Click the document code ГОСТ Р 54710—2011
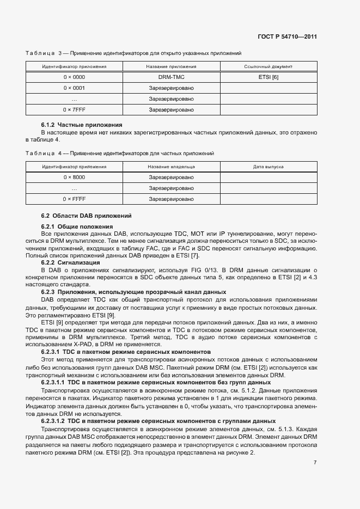coord(287,37)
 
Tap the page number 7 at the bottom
coord(315,463)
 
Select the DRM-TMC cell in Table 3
coord(171,77)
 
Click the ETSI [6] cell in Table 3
coord(269,77)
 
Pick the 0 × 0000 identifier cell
coord(74,77)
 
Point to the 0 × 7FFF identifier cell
coord(74,110)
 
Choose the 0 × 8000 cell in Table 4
coord(74,177)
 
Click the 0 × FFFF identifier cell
coord(74,199)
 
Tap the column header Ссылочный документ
coord(269,66)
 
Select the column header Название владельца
coord(171,167)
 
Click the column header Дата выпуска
coord(269,167)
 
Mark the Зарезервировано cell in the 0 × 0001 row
coord(171,88)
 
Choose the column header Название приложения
coord(171,66)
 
